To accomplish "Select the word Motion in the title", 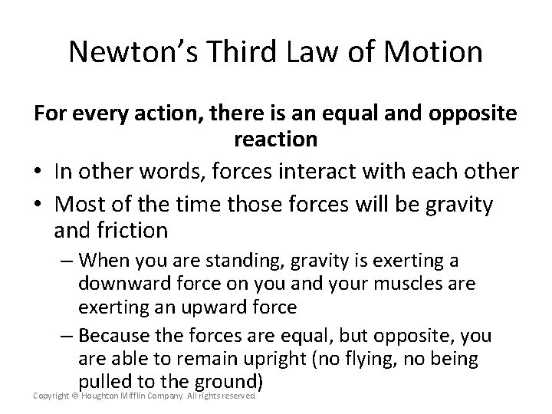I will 435,53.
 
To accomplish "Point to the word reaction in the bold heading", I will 275,139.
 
